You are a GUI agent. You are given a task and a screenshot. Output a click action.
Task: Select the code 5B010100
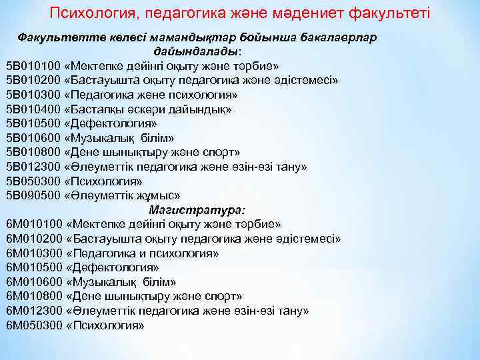click(x=33, y=66)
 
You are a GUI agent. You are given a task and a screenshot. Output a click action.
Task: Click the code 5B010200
click(x=33, y=80)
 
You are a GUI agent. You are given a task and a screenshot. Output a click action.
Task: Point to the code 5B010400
click(x=33, y=109)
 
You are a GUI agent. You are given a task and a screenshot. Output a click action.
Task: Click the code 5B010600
click(x=33, y=138)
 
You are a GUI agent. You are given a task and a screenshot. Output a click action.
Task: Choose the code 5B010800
click(x=33, y=152)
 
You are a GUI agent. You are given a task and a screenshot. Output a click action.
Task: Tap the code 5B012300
click(x=33, y=167)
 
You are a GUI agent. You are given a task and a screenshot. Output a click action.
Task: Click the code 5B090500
click(x=33, y=195)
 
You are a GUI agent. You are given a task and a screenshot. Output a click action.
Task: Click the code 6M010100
click(x=34, y=224)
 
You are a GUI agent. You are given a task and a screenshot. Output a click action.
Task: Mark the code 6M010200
click(x=34, y=239)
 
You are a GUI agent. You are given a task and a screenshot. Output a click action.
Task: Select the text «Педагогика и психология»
click(x=143, y=253)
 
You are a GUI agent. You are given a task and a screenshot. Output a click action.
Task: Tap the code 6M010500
click(x=34, y=267)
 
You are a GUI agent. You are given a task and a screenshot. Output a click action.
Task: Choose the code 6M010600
click(x=34, y=282)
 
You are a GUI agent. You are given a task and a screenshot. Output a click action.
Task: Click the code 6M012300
click(x=34, y=311)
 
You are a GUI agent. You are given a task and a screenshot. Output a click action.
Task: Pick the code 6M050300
click(x=34, y=325)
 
